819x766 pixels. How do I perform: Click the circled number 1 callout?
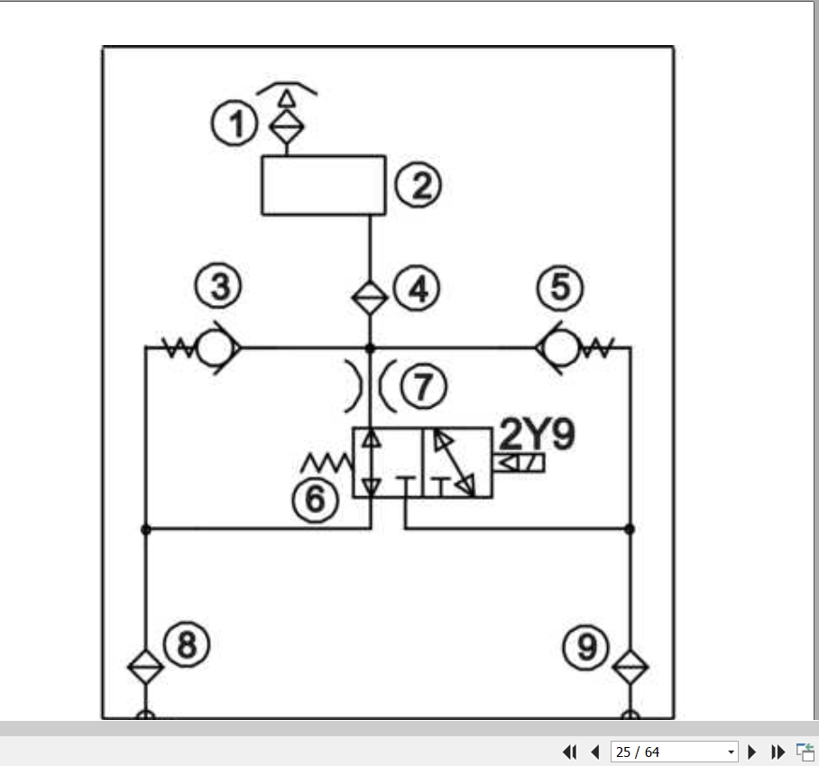(235, 124)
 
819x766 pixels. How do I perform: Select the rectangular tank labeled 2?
(324, 185)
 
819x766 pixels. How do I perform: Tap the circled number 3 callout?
(218, 286)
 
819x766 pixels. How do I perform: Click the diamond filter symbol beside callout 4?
(370, 298)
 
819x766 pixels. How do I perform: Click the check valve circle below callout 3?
(216, 347)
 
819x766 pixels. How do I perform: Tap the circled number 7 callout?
(424, 386)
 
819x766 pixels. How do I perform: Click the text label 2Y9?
(538, 434)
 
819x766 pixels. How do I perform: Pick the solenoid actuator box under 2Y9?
(519, 463)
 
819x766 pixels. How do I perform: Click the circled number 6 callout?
(316, 499)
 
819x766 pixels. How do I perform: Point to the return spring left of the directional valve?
(327, 463)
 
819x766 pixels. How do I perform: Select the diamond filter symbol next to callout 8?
(146, 666)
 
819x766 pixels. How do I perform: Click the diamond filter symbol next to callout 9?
(630, 666)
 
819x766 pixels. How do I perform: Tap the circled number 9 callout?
(586, 648)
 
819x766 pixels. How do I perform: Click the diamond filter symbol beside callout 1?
(286, 126)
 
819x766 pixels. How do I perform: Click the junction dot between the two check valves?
(370, 347)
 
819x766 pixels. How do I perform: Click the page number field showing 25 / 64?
(675, 752)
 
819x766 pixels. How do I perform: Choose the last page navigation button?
(778, 752)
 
